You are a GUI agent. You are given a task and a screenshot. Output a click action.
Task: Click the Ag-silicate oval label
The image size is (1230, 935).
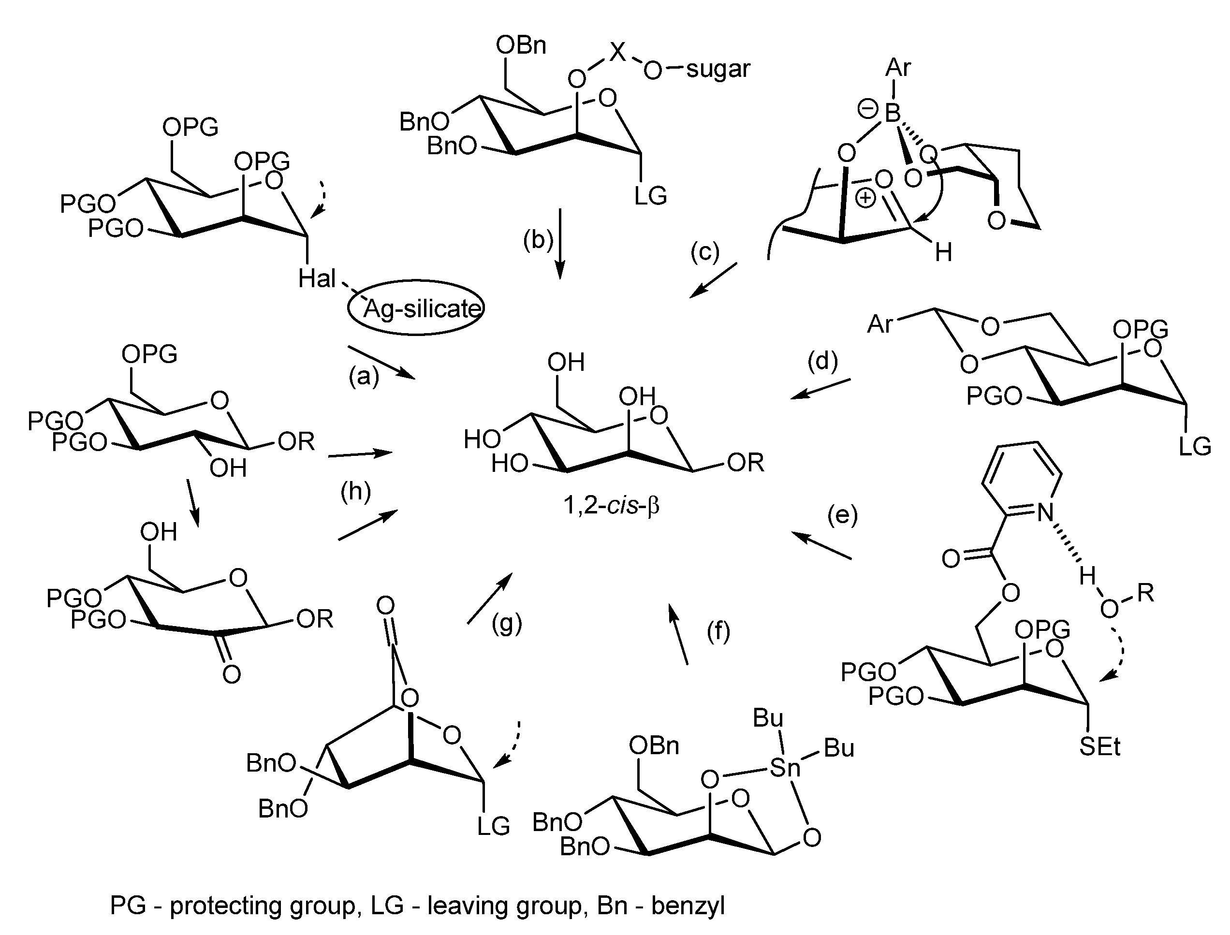point(416,308)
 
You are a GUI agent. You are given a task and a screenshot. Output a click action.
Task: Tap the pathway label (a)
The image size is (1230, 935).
point(364,377)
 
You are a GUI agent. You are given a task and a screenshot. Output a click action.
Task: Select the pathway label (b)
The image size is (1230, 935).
point(538,240)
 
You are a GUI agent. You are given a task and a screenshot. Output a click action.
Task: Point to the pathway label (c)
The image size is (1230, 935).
point(704,251)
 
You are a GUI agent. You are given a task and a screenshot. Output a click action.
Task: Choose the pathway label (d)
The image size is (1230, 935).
point(822,361)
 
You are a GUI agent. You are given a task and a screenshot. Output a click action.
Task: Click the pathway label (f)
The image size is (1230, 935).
point(718,632)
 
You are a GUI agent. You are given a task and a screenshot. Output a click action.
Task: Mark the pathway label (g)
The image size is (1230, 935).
point(507,623)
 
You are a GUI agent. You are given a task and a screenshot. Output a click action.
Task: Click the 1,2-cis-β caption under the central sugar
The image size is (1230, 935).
point(611,505)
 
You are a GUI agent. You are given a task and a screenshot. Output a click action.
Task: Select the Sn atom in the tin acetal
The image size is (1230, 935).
point(785,769)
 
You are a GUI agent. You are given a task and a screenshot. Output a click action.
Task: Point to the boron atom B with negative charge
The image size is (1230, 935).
point(892,113)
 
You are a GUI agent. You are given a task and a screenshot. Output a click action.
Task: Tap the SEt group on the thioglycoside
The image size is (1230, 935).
point(1100,747)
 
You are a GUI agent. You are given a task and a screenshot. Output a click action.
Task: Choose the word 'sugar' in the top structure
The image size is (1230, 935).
point(718,70)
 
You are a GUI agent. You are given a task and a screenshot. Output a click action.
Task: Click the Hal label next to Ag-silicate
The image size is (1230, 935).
point(317,278)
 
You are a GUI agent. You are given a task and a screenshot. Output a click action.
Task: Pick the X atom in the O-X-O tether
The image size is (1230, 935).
point(616,53)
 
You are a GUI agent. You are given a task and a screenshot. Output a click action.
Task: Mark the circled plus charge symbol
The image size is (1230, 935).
point(866,199)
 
